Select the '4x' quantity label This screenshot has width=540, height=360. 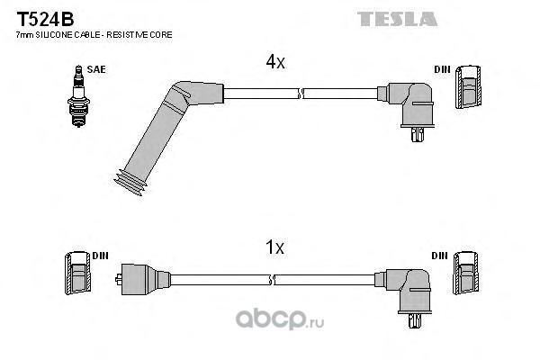pos(275,62)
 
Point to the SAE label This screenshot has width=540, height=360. pos(94,68)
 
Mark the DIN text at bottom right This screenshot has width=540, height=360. pos(439,256)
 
